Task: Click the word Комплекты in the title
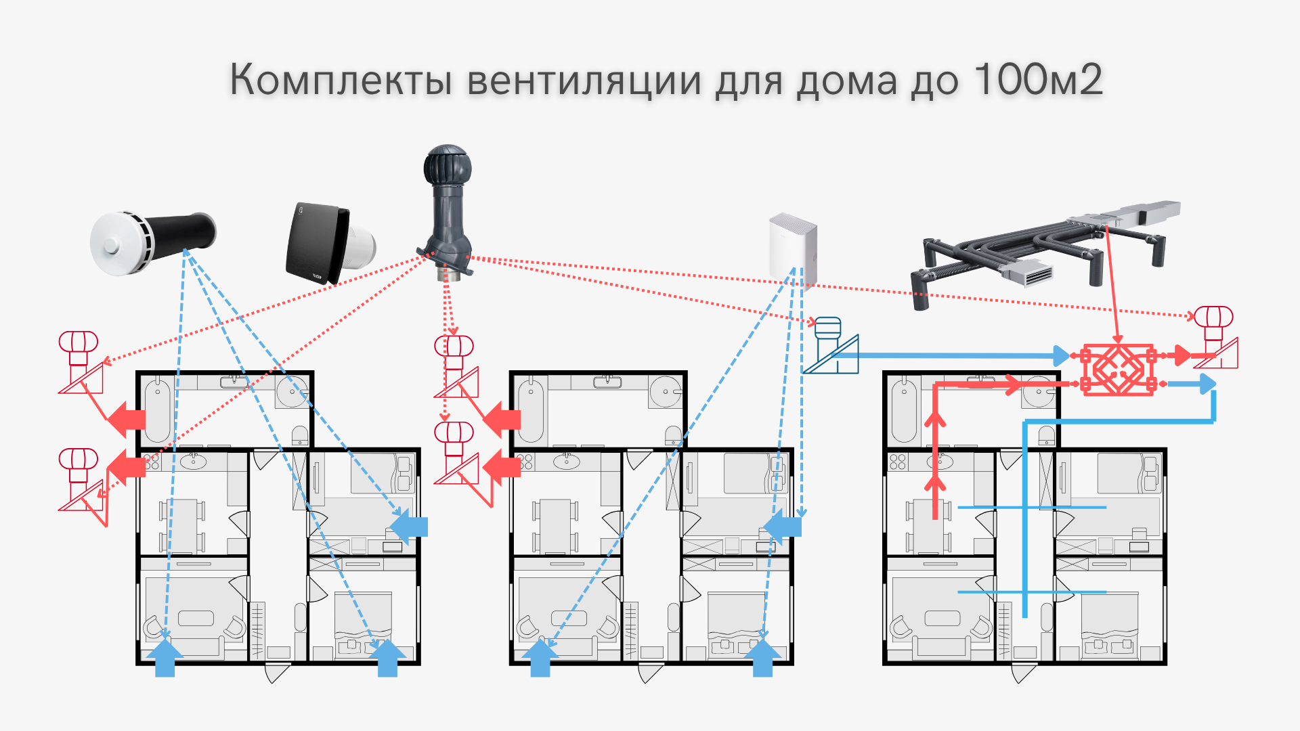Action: tap(341, 80)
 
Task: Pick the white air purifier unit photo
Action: tap(793, 247)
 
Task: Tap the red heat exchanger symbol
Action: tap(1118, 370)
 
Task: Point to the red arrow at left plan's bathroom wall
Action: tap(127, 419)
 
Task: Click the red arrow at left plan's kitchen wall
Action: tap(127, 466)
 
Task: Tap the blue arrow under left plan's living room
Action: tap(165, 658)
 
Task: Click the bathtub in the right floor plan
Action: tap(904, 411)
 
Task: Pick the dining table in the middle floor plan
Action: tap(555, 525)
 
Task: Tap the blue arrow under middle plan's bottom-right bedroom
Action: tap(762, 658)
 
